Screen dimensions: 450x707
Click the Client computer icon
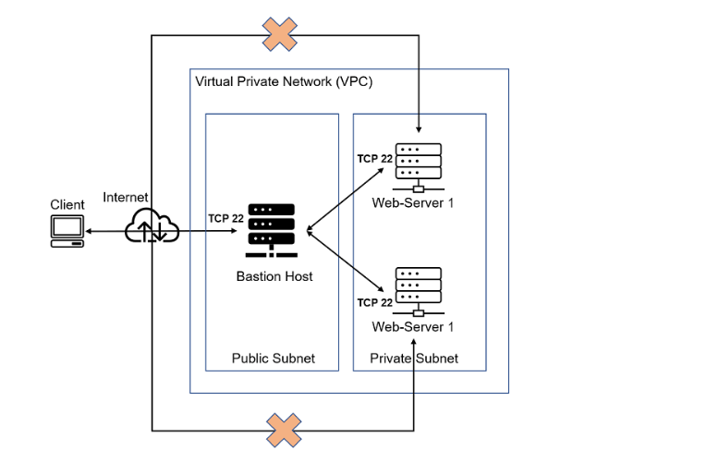click(x=67, y=231)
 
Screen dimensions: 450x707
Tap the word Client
click(x=67, y=205)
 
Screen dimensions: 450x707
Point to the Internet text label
click(x=125, y=197)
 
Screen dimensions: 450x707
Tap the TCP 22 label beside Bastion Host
click(x=226, y=219)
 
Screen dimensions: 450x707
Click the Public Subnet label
click(x=273, y=359)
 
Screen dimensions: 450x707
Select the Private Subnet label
click(x=413, y=359)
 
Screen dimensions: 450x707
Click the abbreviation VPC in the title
click(x=357, y=82)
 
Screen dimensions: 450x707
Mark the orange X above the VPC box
click(x=279, y=34)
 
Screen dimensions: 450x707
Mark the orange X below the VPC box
click(x=284, y=430)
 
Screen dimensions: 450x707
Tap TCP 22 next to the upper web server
click(x=375, y=159)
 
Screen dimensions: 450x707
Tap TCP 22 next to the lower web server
click(x=375, y=302)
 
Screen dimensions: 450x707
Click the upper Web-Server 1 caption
click(x=413, y=202)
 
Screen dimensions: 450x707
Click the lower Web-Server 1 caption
click(x=413, y=327)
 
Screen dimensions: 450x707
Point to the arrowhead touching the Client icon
click(x=91, y=231)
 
